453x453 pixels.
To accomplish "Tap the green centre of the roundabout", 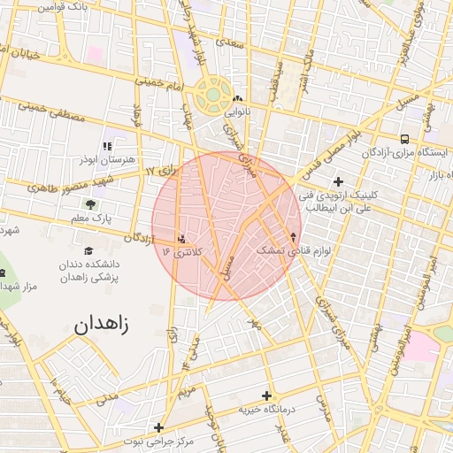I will [213, 91].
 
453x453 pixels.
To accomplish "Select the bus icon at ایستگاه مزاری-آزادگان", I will [404, 138].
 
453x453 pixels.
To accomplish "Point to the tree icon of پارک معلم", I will [92, 204].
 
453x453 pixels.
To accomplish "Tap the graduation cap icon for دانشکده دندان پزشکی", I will [89, 250].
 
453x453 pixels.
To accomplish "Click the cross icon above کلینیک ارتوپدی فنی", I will [337, 180].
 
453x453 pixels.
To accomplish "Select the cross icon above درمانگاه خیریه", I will [266, 395].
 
